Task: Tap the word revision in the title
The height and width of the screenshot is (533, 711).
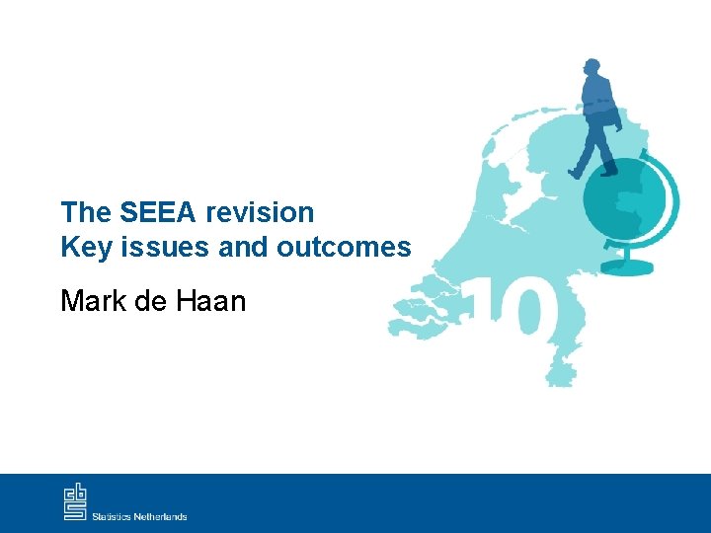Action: [x=260, y=212]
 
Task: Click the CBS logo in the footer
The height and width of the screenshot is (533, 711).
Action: [x=75, y=501]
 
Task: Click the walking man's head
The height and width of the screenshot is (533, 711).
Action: [x=592, y=68]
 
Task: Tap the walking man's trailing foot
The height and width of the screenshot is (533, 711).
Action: [x=575, y=174]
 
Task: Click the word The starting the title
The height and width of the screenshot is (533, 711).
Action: [x=87, y=212]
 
